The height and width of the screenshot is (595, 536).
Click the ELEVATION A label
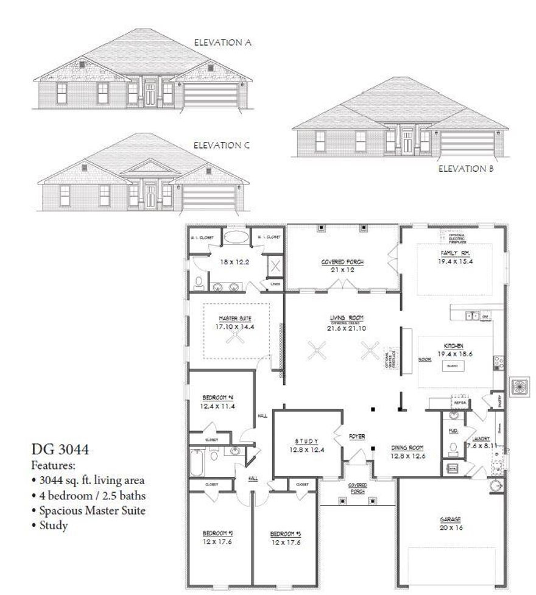pyautogui.click(x=222, y=43)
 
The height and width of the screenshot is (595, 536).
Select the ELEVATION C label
pyautogui.click(x=222, y=146)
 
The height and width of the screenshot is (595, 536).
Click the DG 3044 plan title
pyautogui.click(x=60, y=450)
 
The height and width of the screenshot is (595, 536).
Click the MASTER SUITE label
pyautogui.click(x=235, y=319)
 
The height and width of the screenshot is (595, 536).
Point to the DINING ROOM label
pyautogui.click(x=407, y=447)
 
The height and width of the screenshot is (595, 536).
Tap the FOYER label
pyautogui.click(x=357, y=436)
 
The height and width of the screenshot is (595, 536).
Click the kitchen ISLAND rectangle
pyautogui.click(x=452, y=366)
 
